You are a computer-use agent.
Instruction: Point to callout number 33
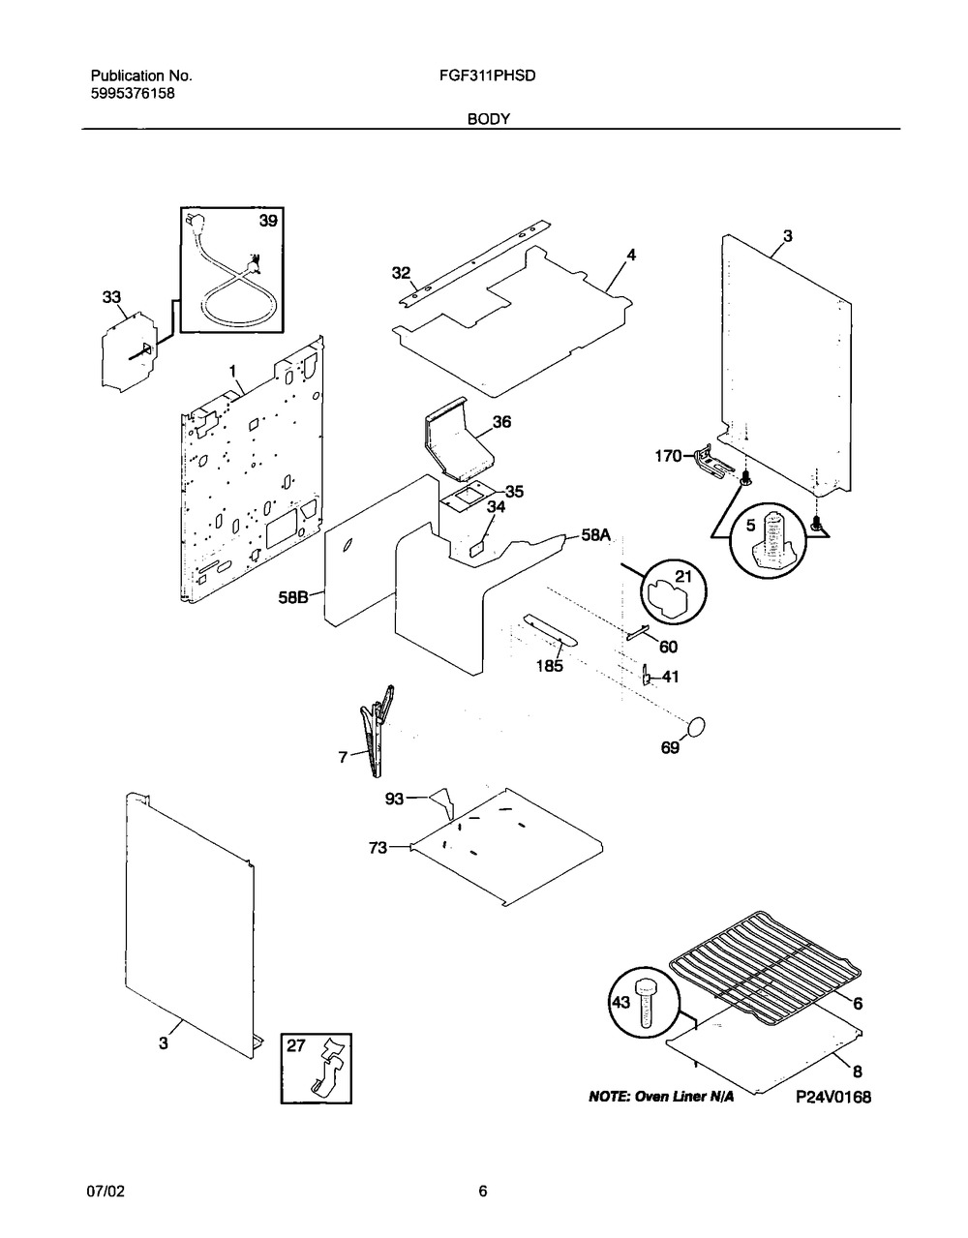[x=112, y=298]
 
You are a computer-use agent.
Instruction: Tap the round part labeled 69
[x=694, y=728]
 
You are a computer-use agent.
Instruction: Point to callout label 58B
[x=292, y=598]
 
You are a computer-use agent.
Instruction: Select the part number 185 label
[x=549, y=666]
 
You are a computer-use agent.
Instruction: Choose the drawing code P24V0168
[x=833, y=1098]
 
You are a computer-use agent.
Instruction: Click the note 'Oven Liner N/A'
[x=661, y=1098]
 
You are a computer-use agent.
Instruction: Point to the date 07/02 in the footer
[x=107, y=1192]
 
